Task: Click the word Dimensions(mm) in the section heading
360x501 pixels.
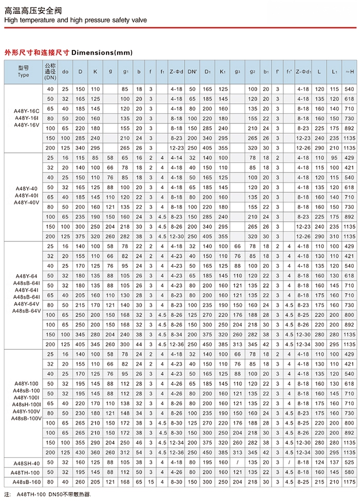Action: (x=101, y=52)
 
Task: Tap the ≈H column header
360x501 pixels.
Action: (x=349, y=71)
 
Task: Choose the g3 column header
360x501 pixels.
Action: (x=237, y=71)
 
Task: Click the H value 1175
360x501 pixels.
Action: (x=349, y=482)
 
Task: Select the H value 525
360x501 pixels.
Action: (x=349, y=462)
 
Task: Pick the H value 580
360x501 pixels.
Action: (x=349, y=472)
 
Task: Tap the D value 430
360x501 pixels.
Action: (x=80, y=452)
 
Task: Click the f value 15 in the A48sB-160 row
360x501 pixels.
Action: (x=151, y=482)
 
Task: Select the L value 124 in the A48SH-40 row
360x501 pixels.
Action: (x=319, y=462)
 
